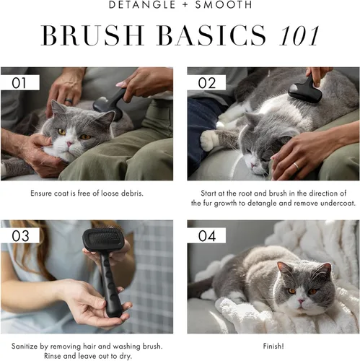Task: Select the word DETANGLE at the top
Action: click(x=141, y=6)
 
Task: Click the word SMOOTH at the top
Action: click(x=225, y=6)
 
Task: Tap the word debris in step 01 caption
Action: click(x=131, y=193)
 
